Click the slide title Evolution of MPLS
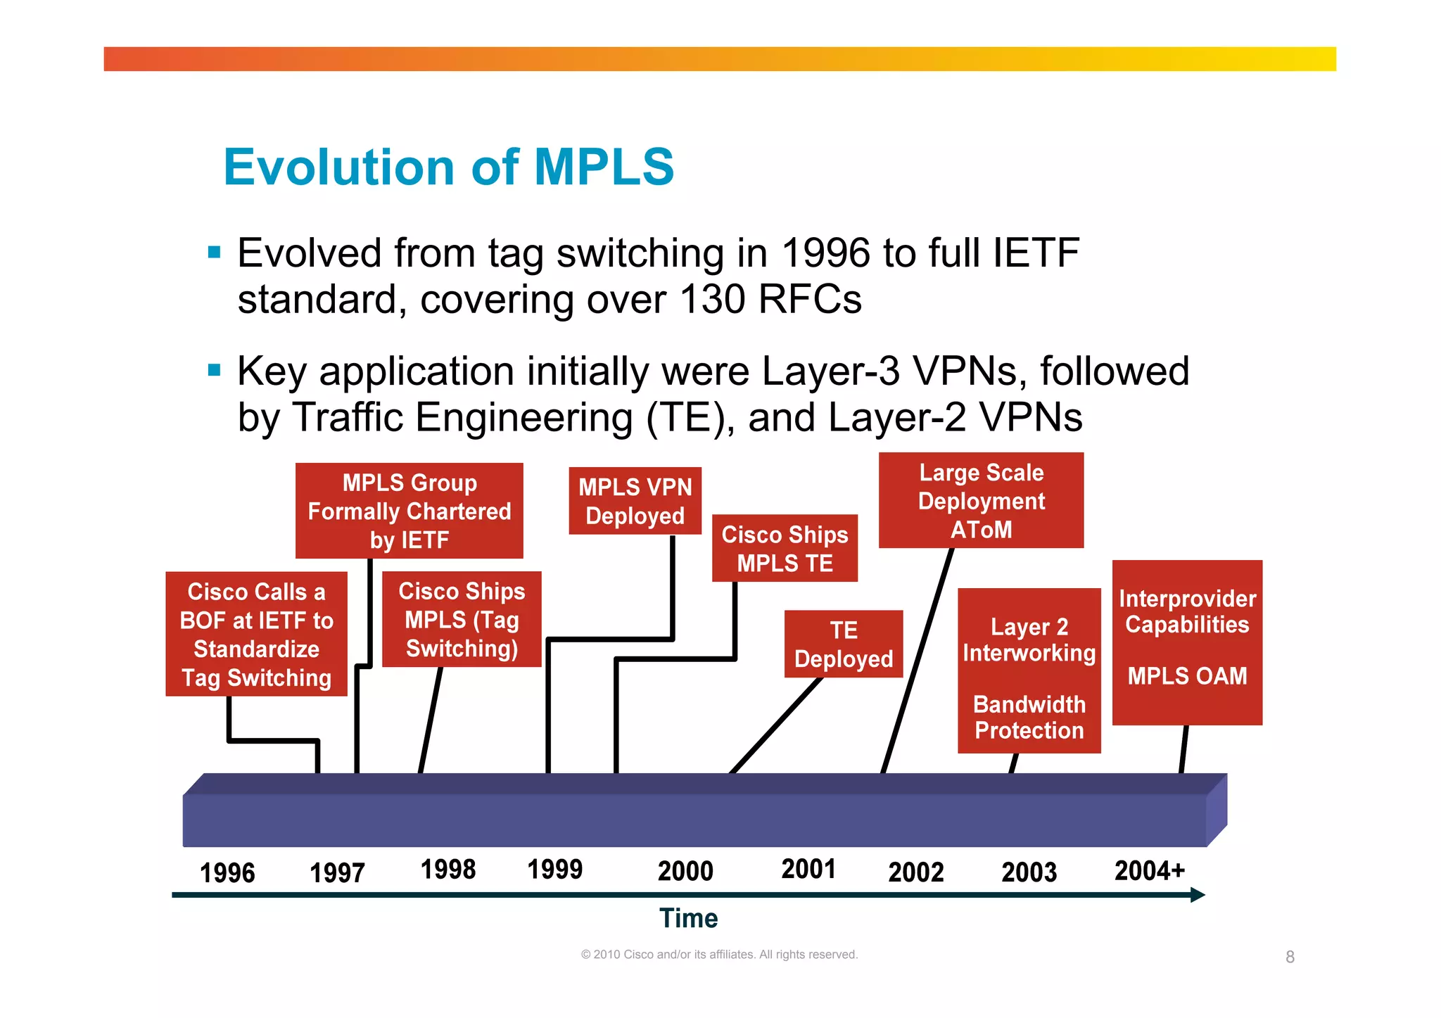pyautogui.click(x=448, y=167)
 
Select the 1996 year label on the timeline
pyautogui.click(x=227, y=873)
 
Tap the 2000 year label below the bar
pyautogui.click(x=685, y=871)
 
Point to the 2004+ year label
pyautogui.click(x=1150, y=871)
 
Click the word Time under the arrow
pyautogui.click(x=688, y=919)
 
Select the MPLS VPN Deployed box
pyautogui.click(x=635, y=501)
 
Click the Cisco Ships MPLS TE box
pyautogui.click(x=785, y=549)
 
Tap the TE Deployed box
pyautogui.click(x=843, y=644)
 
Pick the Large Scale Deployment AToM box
pyautogui.click(x=981, y=500)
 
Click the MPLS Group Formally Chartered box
pyautogui.click(x=409, y=511)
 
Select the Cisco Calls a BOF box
pyautogui.click(x=256, y=634)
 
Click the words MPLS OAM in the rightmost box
pyautogui.click(x=1187, y=676)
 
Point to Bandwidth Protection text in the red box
pyautogui.click(x=1029, y=718)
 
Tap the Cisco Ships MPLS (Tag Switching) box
pyautogui.click(x=462, y=619)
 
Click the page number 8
pyautogui.click(x=1290, y=957)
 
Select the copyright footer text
pyautogui.click(x=719, y=955)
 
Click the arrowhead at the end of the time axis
pyautogui.click(x=1198, y=895)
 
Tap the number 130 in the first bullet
pyautogui.click(x=712, y=300)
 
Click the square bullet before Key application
pyautogui.click(x=215, y=370)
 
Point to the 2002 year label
pyautogui.click(x=915, y=872)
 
